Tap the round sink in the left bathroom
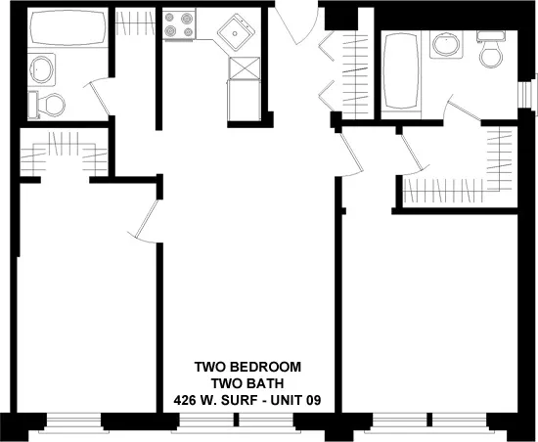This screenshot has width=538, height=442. (x=43, y=68)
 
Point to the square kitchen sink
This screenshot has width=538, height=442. (x=236, y=36)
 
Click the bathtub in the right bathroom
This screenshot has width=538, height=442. (x=400, y=70)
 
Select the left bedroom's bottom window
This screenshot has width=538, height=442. (x=73, y=420)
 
